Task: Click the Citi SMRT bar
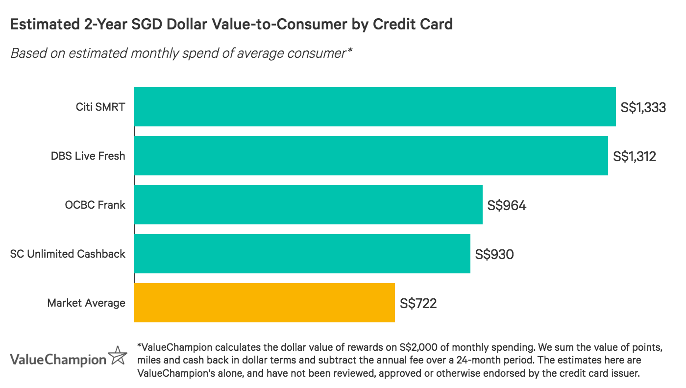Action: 375,107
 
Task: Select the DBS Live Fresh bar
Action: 371,156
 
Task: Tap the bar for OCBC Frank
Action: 308,205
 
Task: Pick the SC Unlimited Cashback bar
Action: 302,254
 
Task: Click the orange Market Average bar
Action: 264,303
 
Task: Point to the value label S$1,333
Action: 643,107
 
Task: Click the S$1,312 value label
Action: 635,156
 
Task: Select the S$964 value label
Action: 507,205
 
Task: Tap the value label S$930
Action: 494,254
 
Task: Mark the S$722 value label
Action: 418,303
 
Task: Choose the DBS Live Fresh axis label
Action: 88,156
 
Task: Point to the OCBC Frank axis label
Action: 95,205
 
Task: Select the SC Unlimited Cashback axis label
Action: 68,254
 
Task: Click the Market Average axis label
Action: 86,303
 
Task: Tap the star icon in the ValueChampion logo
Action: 118,357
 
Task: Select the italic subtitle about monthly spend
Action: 181,53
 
